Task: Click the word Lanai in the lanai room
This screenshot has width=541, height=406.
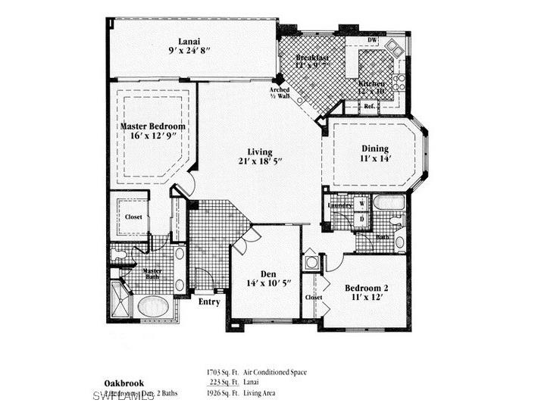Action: click(x=189, y=41)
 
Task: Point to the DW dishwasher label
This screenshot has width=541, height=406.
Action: click(x=372, y=40)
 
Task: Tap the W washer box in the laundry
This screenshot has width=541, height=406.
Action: click(x=361, y=204)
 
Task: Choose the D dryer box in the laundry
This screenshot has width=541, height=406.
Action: click(x=361, y=219)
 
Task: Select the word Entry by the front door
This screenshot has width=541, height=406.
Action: click(x=209, y=302)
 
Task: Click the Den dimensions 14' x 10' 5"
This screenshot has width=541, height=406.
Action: click(x=267, y=284)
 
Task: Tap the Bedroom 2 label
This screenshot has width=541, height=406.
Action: click(x=367, y=288)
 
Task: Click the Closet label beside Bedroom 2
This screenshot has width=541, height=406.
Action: click(x=314, y=298)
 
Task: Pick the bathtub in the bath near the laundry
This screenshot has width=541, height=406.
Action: click(x=389, y=203)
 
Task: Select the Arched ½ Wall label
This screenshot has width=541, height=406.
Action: click(x=280, y=93)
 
